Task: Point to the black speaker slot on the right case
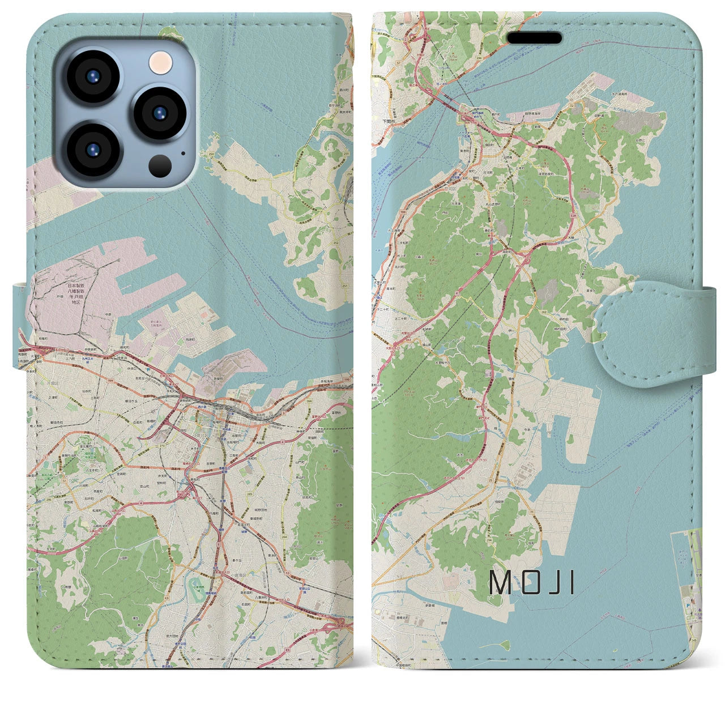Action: click(534, 38)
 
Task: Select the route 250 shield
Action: click(211, 154)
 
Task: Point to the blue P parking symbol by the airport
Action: click(688, 605)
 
